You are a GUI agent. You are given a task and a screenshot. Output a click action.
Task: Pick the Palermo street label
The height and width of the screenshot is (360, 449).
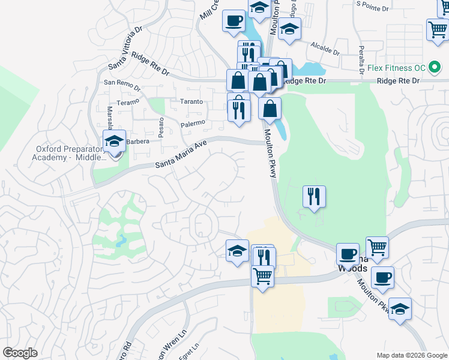coord(193,123)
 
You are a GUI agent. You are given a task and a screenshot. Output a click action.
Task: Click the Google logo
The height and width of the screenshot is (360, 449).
coord(20,353)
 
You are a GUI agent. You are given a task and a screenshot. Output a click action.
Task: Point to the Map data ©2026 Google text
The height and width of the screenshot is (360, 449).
coord(411,355)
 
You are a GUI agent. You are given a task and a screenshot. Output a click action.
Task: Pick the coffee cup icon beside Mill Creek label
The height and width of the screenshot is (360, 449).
coord(234,21)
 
